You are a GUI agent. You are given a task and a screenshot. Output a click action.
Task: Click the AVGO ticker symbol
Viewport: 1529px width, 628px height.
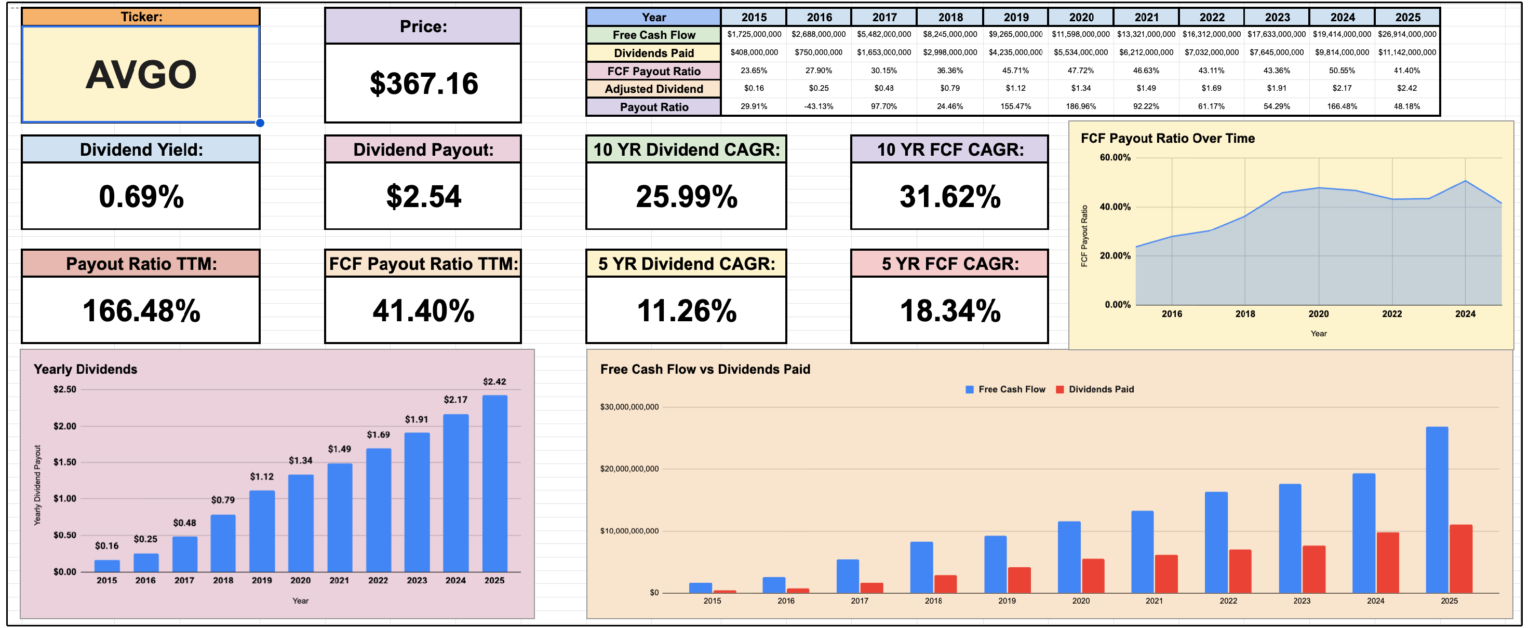click(141, 75)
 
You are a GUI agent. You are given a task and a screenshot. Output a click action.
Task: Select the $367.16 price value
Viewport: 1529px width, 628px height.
click(423, 84)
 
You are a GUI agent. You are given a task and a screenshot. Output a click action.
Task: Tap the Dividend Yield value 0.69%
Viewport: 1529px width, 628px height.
click(141, 197)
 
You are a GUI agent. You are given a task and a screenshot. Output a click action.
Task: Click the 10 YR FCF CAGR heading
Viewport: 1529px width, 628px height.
click(950, 149)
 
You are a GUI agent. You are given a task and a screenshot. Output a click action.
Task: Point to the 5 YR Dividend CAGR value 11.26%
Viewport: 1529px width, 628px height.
click(686, 311)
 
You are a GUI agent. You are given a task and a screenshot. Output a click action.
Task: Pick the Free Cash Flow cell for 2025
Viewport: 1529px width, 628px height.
click(1407, 34)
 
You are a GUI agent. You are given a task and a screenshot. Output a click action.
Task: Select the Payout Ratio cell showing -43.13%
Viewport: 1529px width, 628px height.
click(819, 106)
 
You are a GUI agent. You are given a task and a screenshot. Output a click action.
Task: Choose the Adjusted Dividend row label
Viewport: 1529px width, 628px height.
click(653, 89)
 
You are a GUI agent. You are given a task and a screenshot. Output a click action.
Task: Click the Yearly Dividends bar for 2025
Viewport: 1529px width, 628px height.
click(494, 483)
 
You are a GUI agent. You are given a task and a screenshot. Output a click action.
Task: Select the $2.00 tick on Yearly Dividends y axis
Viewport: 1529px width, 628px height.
click(65, 426)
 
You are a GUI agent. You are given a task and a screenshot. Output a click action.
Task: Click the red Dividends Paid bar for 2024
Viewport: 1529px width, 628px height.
click(1387, 562)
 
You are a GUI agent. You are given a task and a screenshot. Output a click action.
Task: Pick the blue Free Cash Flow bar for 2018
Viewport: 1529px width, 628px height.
click(921, 567)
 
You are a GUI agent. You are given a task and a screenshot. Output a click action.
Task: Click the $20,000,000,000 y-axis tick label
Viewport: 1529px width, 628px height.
click(629, 469)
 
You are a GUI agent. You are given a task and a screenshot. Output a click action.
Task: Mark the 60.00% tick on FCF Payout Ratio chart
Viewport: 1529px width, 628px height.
click(1115, 157)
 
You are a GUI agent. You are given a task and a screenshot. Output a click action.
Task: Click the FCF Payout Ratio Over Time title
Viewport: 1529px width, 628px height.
click(1168, 138)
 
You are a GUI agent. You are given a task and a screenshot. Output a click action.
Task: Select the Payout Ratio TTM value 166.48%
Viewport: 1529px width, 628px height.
click(141, 311)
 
